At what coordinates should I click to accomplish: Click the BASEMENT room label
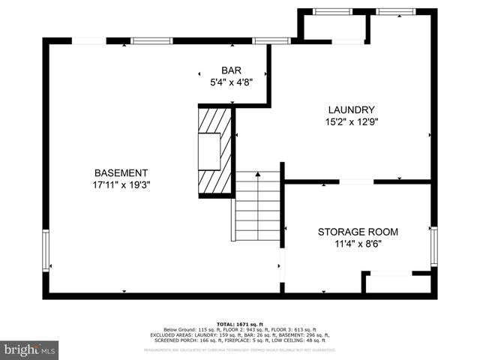click(x=121, y=172)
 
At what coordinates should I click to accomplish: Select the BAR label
click(x=231, y=71)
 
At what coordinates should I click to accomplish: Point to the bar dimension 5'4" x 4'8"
click(x=231, y=83)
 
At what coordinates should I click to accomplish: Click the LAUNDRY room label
click(x=350, y=109)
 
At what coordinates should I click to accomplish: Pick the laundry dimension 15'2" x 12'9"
click(x=350, y=121)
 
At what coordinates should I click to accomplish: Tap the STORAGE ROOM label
click(x=358, y=232)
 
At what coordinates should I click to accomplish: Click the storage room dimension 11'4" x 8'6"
click(x=358, y=244)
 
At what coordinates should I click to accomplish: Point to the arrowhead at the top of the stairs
click(x=257, y=174)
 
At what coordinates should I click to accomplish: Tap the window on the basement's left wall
click(x=46, y=250)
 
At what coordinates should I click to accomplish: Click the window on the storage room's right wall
click(x=434, y=247)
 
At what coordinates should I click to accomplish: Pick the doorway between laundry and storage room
click(x=356, y=181)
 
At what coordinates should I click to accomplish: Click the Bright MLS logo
click(x=30, y=349)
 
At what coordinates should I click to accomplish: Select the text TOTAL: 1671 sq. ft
click(x=239, y=323)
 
